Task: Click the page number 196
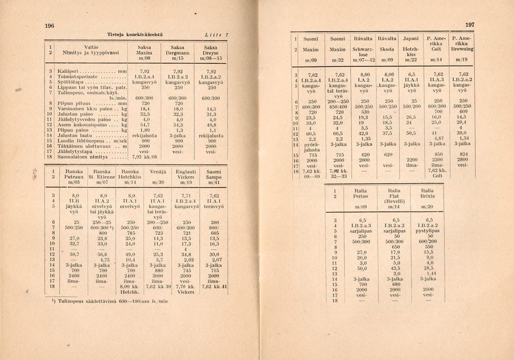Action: [49, 25]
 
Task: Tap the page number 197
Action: [470, 25]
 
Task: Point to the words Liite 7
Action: [217, 34]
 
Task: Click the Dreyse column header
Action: [210, 53]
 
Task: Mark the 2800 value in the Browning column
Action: [463, 160]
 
